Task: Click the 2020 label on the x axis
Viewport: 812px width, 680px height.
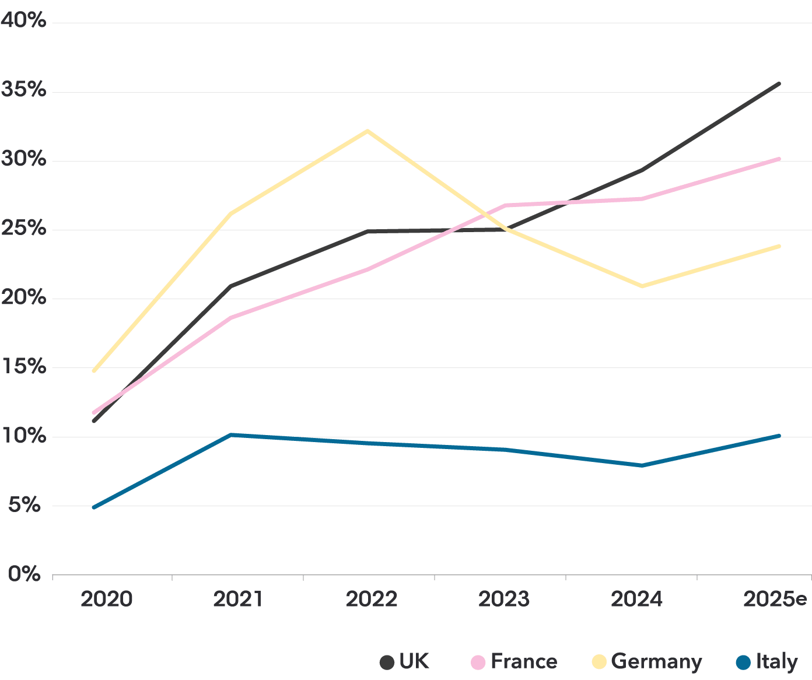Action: tap(106, 599)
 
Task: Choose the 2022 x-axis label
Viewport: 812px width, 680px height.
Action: tap(372, 599)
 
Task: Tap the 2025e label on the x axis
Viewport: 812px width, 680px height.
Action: tap(775, 599)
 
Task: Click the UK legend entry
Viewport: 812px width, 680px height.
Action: tap(414, 661)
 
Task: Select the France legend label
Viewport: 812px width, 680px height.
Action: tap(523, 661)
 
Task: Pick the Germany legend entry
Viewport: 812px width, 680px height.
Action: tap(656, 661)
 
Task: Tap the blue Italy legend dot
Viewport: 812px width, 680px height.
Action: tap(743, 663)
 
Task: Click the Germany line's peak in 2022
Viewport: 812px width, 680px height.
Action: tap(367, 131)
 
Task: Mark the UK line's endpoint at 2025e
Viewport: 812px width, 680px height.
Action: tap(779, 84)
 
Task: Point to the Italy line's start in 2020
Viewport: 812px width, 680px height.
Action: tap(93, 507)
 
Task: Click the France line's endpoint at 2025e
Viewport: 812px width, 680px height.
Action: tap(779, 159)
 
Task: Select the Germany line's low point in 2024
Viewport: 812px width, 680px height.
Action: tap(642, 286)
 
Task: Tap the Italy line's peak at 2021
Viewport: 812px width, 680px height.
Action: tap(232, 434)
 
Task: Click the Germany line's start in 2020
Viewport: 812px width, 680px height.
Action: tap(93, 371)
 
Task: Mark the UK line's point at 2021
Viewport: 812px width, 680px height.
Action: tap(232, 286)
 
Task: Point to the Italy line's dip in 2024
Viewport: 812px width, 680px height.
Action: tap(642, 465)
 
